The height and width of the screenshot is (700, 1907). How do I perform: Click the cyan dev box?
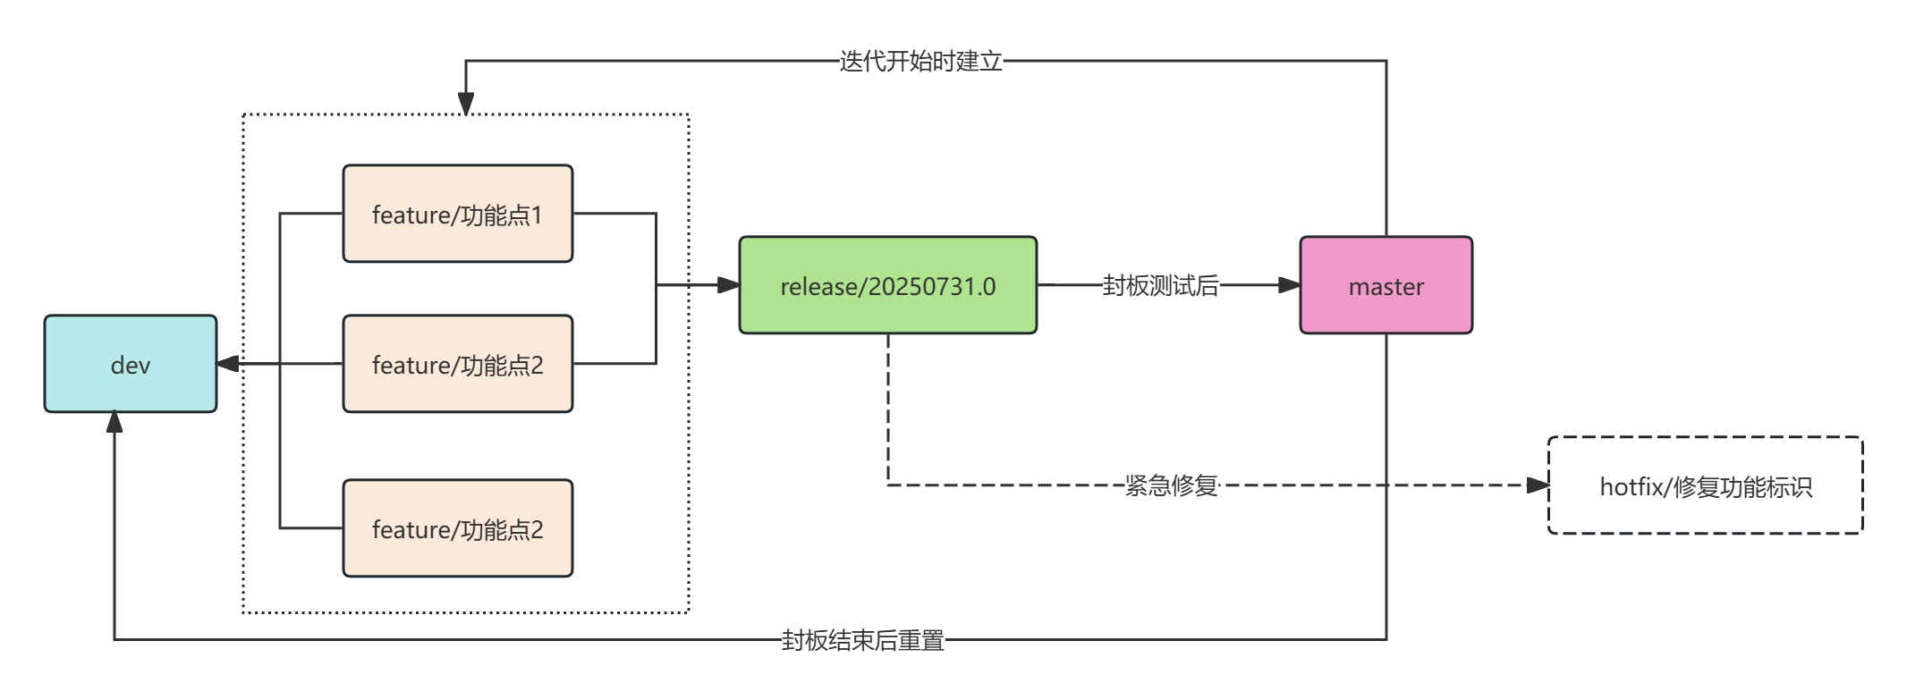point(131,364)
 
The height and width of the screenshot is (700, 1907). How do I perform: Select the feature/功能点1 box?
point(457,214)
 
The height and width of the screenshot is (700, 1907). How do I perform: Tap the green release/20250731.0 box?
point(887,285)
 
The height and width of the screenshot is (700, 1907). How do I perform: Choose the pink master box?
point(1386,285)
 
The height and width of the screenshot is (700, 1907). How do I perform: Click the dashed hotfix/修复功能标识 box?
point(1705,485)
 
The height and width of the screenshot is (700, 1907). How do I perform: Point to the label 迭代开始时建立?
point(920,61)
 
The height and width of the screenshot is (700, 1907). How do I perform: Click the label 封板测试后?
point(1160,285)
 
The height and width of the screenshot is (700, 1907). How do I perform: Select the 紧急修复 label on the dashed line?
point(1172,485)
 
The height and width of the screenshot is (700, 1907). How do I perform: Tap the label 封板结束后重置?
point(863,640)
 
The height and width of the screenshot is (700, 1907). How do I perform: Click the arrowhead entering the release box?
point(728,285)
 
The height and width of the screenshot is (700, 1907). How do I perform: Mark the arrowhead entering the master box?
point(1289,285)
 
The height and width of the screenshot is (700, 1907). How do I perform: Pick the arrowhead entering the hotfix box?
point(1537,485)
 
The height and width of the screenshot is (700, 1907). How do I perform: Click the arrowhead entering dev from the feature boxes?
point(228,364)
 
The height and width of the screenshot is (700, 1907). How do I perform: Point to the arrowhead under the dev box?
point(114,423)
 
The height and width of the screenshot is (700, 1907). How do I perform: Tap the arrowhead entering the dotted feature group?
point(466,103)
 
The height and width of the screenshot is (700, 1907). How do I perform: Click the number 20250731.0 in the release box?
point(932,286)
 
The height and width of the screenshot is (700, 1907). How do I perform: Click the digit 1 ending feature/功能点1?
point(537,215)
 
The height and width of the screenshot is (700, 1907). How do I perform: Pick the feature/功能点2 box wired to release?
point(457,364)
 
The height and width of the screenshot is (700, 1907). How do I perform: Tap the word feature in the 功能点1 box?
point(411,215)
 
